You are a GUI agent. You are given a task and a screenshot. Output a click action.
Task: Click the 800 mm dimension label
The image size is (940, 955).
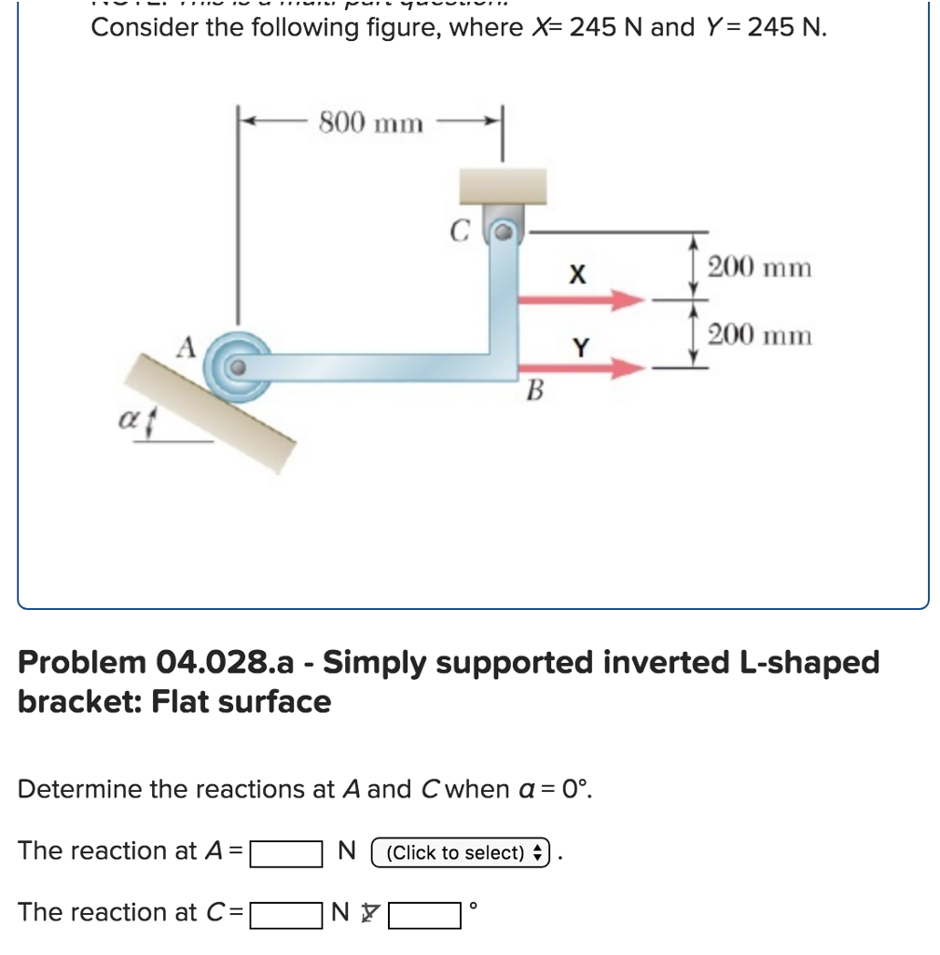pyautogui.click(x=370, y=122)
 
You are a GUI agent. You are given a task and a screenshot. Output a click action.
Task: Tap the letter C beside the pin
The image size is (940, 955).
pyautogui.click(x=457, y=230)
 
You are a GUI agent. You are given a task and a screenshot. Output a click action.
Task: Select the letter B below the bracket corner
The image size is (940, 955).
pyautogui.click(x=533, y=390)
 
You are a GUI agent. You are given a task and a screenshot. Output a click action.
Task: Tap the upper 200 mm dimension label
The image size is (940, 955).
pyautogui.click(x=759, y=268)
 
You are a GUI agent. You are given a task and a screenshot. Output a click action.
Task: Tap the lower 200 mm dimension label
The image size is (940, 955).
pyautogui.click(x=759, y=334)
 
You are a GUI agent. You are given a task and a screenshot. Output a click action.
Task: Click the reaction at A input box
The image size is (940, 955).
pyautogui.click(x=286, y=851)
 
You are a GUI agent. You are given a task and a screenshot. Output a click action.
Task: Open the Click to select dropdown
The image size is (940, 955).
pyautogui.click(x=462, y=852)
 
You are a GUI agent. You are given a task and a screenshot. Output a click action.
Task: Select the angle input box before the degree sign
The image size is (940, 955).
pyautogui.click(x=424, y=913)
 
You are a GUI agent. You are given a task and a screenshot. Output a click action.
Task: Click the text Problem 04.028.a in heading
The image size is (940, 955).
pyautogui.click(x=149, y=662)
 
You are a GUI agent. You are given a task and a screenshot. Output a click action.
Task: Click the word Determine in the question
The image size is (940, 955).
pyautogui.click(x=79, y=789)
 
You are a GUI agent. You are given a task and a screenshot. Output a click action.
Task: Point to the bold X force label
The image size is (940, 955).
pyautogui.click(x=578, y=275)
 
